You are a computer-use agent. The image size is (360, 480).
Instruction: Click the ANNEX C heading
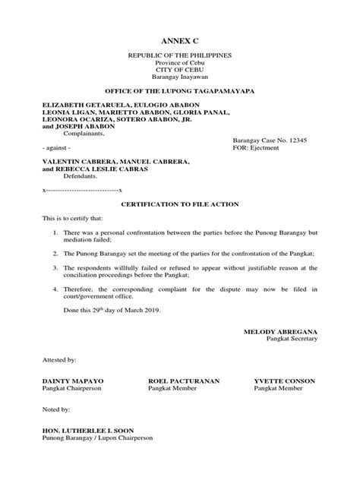(x=179, y=39)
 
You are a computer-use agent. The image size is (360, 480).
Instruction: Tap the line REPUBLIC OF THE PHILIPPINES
(x=179, y=56)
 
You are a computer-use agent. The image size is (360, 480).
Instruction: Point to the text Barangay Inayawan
(x=179, y=77)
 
